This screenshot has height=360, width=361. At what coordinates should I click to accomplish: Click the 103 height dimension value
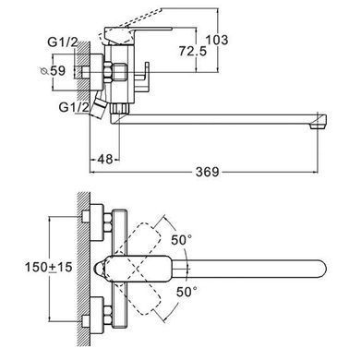coord(217,40)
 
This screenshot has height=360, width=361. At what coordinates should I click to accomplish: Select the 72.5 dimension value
coord(193,51)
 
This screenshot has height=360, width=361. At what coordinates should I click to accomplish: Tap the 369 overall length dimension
coord(208,172)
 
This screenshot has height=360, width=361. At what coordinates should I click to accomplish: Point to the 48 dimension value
coord(104,159)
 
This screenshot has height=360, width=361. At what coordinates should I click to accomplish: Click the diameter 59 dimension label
coord(53,71)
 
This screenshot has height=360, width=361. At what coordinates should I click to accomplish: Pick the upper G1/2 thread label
coord(63,42)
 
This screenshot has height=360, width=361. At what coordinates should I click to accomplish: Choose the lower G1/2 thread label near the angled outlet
coord(74,107)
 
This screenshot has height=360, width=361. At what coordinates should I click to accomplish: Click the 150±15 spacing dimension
coord(49,267)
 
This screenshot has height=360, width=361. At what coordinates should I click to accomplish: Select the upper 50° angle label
coord(182,240)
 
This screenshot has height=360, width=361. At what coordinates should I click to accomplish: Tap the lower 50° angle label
coord(187,292)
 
